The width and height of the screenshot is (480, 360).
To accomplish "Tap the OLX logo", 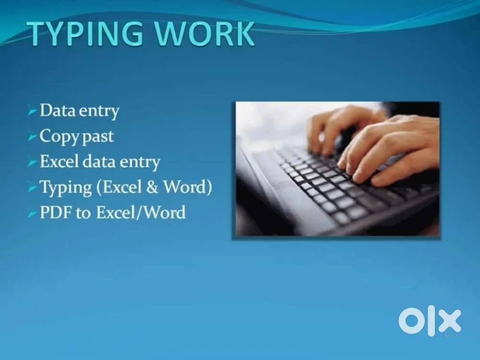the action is (x=430, y=321).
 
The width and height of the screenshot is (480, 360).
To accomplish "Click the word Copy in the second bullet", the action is (x=60, y=137).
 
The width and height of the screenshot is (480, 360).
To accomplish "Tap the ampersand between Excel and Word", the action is (x=152, y=187).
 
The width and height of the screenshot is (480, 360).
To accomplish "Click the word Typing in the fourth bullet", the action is (x=66, y=188).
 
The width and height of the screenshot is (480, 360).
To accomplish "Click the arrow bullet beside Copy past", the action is (x=32, y=136).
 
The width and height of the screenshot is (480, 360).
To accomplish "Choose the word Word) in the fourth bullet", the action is (x=187, y=187).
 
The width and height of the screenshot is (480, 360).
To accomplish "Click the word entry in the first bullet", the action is (x=99, y=111).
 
